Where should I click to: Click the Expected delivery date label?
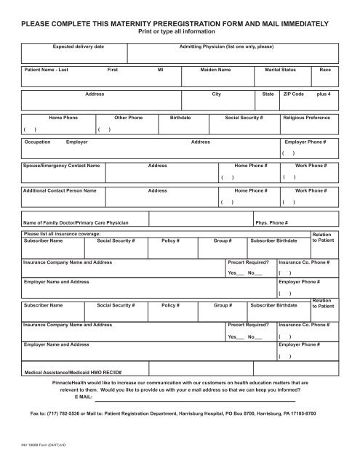(79, 46)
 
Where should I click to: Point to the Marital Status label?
(281, 70)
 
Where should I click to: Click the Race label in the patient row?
(325, 70)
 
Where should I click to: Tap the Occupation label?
(37, 142)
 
